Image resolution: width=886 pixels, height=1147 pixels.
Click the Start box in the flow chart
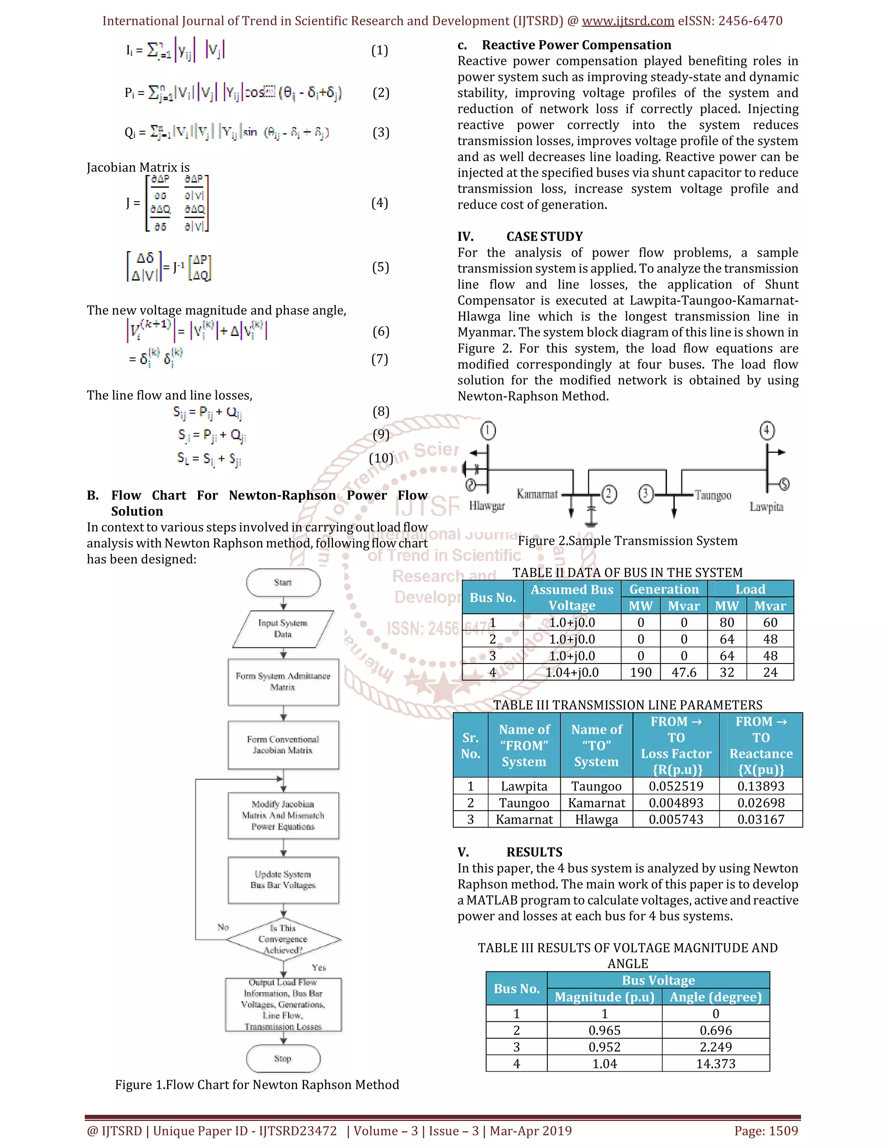[x=283, y=583]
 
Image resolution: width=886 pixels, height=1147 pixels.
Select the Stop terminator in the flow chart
[x=283, y=1058]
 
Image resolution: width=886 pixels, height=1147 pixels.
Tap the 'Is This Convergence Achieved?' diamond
[x=283, y=939]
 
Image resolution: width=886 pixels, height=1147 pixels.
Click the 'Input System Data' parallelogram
[x=283, y=628]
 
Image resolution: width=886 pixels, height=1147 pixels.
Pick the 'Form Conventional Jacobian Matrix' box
[x=283, y=745]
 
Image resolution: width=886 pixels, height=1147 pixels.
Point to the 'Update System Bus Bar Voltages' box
[x=283, y=880]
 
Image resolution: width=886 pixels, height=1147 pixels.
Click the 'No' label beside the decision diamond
[x=223, y=927]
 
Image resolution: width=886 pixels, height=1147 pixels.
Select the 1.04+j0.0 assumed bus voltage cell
[x=571, y=672]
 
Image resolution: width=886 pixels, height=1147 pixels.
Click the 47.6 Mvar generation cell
[x=684, y=672]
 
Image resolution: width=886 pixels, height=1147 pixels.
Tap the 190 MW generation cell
[x=641, y=672]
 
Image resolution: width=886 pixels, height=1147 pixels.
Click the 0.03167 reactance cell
[x=761, y=819]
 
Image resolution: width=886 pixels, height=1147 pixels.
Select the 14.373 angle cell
[x=716, y=1063]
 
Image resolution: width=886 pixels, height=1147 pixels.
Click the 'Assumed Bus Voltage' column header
[x=571, y=597]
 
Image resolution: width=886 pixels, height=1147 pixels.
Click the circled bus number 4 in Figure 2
[x=767, y=431]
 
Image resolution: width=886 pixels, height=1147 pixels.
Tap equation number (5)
[x=381, y=267]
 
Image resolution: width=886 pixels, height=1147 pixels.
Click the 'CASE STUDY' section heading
[x=544, y=236]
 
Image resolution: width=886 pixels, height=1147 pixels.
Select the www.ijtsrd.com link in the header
[x=628, y=21]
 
